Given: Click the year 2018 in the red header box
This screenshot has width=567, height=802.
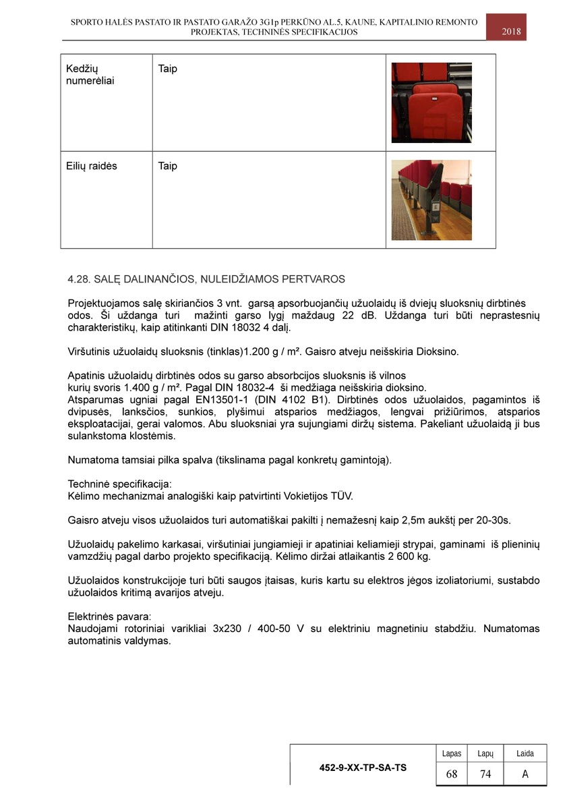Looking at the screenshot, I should [511, 31].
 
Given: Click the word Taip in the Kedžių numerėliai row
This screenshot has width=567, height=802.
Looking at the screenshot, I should [167, 69].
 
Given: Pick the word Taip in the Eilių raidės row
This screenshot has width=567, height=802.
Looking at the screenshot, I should [167, 166].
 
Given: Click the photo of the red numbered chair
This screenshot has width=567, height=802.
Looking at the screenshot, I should [431, 103].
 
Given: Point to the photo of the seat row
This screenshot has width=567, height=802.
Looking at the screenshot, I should [431, 200].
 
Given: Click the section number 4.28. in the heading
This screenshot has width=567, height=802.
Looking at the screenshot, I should [80, 279].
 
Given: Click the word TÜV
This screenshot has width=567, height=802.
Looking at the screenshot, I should [340, 496].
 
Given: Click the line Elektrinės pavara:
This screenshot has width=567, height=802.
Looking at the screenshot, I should [109, 617].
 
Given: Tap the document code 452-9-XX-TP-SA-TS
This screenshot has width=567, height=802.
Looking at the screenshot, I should [363, 768].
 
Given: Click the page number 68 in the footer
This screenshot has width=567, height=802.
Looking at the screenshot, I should [452, 774].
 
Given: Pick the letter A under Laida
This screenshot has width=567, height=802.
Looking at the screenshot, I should [525, 774].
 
